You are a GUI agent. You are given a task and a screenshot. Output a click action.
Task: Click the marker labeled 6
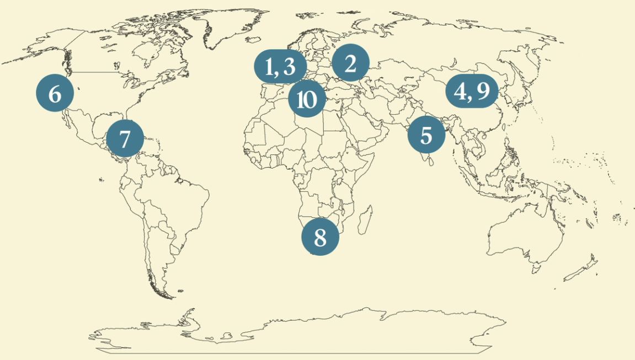55,94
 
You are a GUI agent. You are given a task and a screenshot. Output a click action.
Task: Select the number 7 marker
125,138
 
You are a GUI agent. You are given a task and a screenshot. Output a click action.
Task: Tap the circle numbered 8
320,237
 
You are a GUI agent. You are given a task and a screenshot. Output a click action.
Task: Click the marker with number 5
426,135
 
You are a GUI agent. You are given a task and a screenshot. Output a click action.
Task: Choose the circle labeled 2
350,64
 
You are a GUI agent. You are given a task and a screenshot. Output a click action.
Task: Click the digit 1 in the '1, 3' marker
270,67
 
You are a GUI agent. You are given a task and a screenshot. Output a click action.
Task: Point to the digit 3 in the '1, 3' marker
290,67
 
